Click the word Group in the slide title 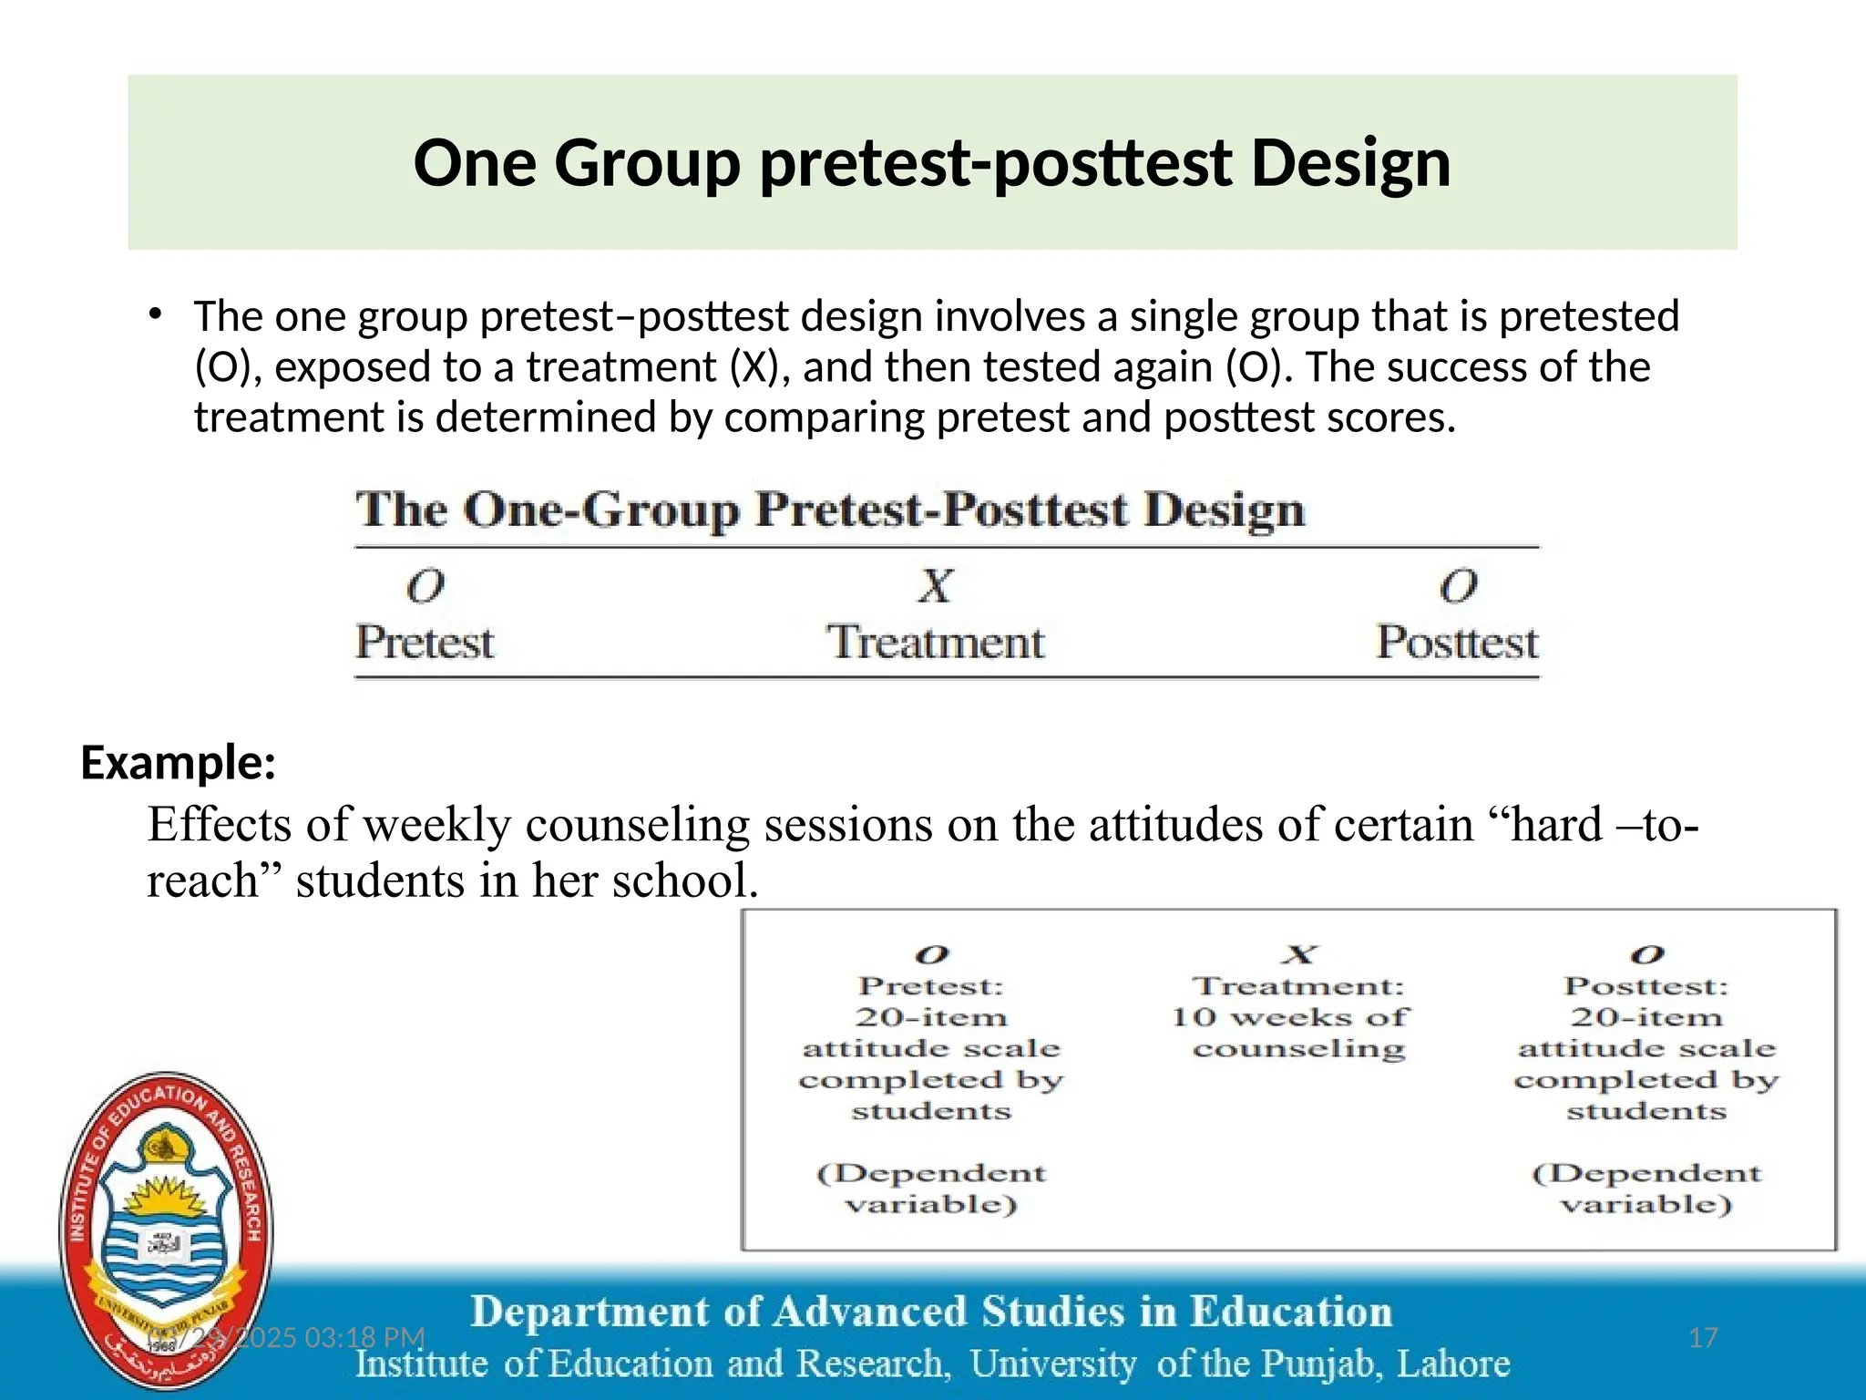tap(647, 164)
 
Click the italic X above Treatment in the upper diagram tap(935, 586)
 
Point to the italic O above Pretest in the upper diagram tap(425, 586)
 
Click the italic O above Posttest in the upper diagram tap(1458, 586)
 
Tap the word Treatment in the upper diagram tap(935, 643)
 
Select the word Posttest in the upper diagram tap(1456, 643)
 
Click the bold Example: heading tap(179, 762)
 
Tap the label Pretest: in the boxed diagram tap(930, 986)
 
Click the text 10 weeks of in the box tap(1289, 1017)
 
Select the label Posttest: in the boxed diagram tap(1646, 986)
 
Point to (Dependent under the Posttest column tap(1646, 1173)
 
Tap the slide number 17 tap(1703, 1338)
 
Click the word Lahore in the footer tap(1452, 1364)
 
